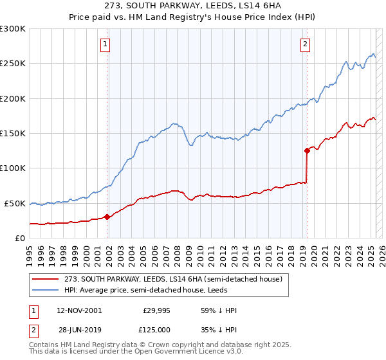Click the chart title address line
(x=192, y=6)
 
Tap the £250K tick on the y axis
(x=13, y=64)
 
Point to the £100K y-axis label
(x=13, y=168)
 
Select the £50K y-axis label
(x=15, y=203)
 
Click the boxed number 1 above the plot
(x=105, y=44)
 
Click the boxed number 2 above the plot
(x=305, y=44)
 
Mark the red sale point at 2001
(x=107, y=217)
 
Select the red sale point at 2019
(x=307, y=150)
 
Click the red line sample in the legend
(x=46, y=279)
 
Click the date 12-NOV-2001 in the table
(x=79, y=310)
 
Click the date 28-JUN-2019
(x=78, y=328)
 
